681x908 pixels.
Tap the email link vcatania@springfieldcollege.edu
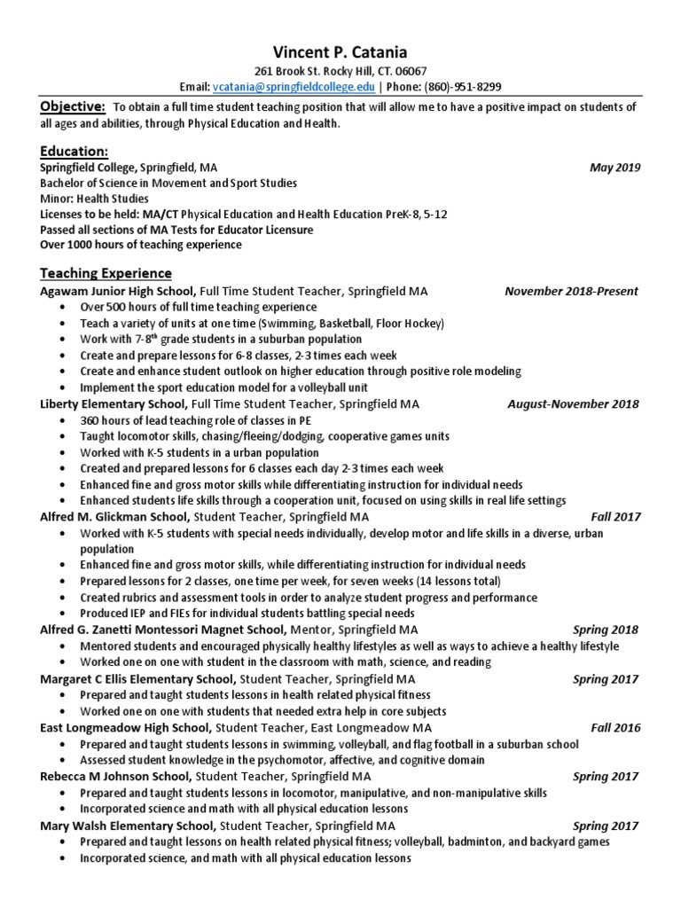click(294, 87)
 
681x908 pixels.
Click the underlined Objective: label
click(73, 107)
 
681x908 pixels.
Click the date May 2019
click(614, 168)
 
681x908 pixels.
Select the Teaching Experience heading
click(106, 273)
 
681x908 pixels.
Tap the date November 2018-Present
click(571, 291)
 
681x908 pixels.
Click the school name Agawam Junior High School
click(118, 291)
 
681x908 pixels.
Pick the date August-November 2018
click(573, 403)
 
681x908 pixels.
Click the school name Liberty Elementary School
click(113, 403)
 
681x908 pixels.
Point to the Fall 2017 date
click(614, 516)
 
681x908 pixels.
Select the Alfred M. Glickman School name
click(114, 516)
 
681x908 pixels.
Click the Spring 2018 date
click(605, 630)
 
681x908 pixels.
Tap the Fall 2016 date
click(614, 727)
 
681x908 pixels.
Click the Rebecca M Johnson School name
click(114, 777)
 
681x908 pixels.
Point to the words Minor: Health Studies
click(94, 199)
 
